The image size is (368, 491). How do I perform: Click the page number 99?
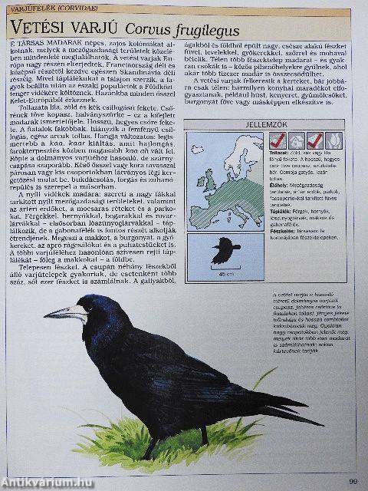(x=352, y=480)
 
